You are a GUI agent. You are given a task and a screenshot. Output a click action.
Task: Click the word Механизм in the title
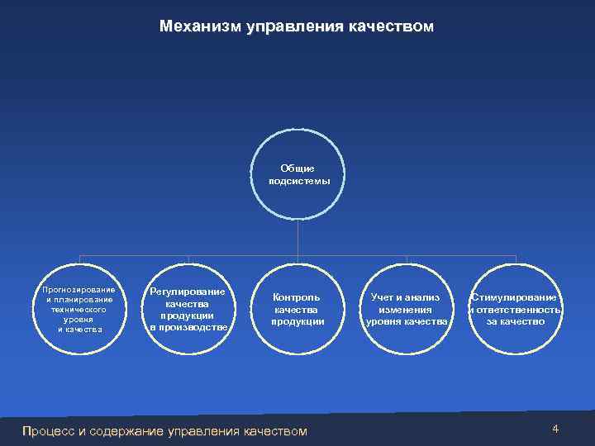click(x=199, y=27)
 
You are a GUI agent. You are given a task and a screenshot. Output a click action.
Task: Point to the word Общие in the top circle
click(x=297, y=168)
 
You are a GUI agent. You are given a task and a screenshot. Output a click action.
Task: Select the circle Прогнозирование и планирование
click(x=79, y=308)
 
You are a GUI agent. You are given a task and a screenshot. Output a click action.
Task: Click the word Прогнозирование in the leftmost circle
click(x=79, y=289)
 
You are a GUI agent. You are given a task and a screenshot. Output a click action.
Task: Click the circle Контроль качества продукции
click(x=297, y=309)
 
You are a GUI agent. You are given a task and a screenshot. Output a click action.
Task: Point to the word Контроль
click(x=297, y=297)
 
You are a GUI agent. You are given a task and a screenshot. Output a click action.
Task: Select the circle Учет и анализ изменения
click(x=407, y=309)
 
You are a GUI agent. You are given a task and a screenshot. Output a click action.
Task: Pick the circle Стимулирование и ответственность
click(x=516, y=309)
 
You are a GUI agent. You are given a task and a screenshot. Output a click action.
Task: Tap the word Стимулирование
click(x=516, y=297)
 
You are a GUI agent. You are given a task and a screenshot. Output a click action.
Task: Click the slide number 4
click(x=555, y=429)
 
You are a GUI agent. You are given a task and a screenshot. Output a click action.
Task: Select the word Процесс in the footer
click(x=49, y=430)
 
